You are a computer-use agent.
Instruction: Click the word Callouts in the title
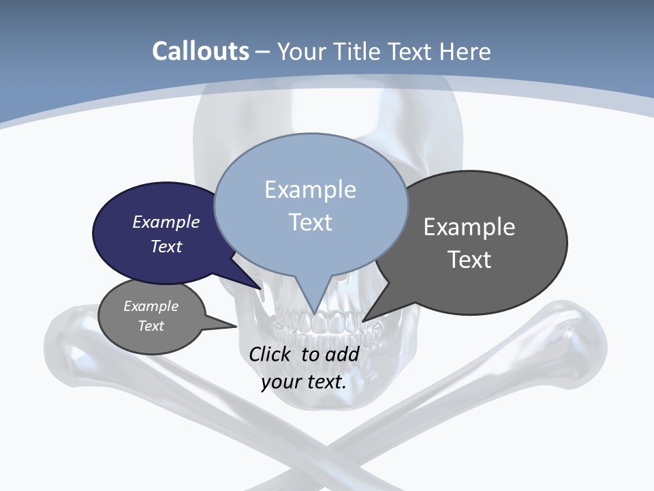[x=200, y=51]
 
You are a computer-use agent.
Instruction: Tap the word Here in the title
[x=465, y=51]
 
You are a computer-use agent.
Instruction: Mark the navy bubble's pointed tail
[x=259, y=286]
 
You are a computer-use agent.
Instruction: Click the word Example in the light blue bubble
[x=310, y=190]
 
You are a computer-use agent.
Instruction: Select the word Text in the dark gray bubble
[x=469, y=260]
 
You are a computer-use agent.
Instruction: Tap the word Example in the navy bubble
[x=166, y=222]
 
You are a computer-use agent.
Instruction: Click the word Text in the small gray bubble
[x=151, y=326]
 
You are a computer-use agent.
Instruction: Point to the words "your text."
[x=304, y=382]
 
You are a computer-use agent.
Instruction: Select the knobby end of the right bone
[x=579, y=327]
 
